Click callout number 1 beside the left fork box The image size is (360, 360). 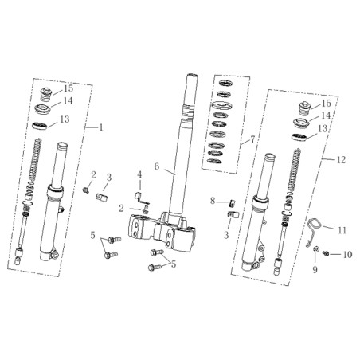100,127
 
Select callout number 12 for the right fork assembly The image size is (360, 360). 341,160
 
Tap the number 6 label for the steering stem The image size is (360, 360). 157,166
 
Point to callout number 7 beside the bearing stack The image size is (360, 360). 252,139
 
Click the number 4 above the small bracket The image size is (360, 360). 139,174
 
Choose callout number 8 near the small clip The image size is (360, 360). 213,201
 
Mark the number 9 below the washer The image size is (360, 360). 315,270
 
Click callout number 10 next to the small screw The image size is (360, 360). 347,255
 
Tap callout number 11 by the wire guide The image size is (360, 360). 342,230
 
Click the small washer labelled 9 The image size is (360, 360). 315,249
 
